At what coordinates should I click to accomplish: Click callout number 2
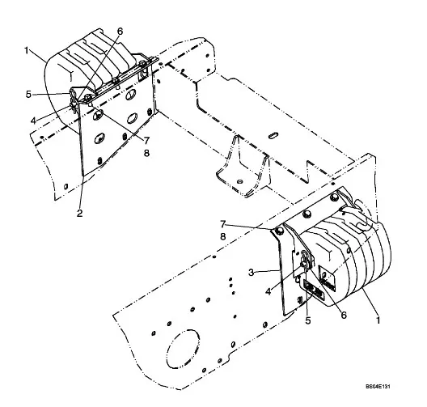pos(79,214)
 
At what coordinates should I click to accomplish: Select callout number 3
pos(252,272)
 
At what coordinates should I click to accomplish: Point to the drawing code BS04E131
pos(378,386)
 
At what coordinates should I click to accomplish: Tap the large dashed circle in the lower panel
pos(183,349)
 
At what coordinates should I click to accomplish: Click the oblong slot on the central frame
pos(273,135)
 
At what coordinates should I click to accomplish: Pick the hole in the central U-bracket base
pos(240,181)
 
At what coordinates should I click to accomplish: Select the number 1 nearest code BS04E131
pos(378,320)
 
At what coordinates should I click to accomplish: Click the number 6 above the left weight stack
pos(120,32)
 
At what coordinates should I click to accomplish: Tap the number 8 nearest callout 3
pos(223,236)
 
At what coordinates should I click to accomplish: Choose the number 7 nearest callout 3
pos(223,224)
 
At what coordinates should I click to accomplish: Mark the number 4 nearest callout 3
pos(268,291)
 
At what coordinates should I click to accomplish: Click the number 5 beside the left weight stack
pos(28,95)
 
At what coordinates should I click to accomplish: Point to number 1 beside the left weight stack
pos(27,50)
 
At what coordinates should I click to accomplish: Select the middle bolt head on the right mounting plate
pos(307,214)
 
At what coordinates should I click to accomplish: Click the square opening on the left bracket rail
pos(143,75)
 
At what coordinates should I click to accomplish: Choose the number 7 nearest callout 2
pos(147,141)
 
